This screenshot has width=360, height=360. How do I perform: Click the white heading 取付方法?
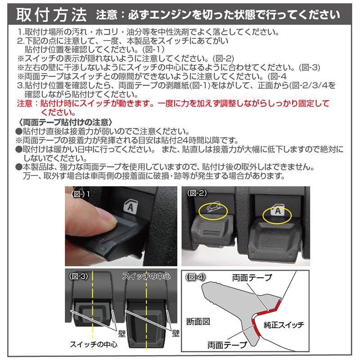pyautogui.click(x=50, y=14)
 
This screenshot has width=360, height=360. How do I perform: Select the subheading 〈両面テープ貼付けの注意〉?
pyautogui.click(x=64, y=122)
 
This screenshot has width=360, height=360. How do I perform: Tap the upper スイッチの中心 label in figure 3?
pyautogui.click(x=145, y=276)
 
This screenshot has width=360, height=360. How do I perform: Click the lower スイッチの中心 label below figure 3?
pyautogui.click(x=93, y=346)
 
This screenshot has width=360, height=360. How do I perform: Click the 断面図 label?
pyautogui.click(x=197, y=322)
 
